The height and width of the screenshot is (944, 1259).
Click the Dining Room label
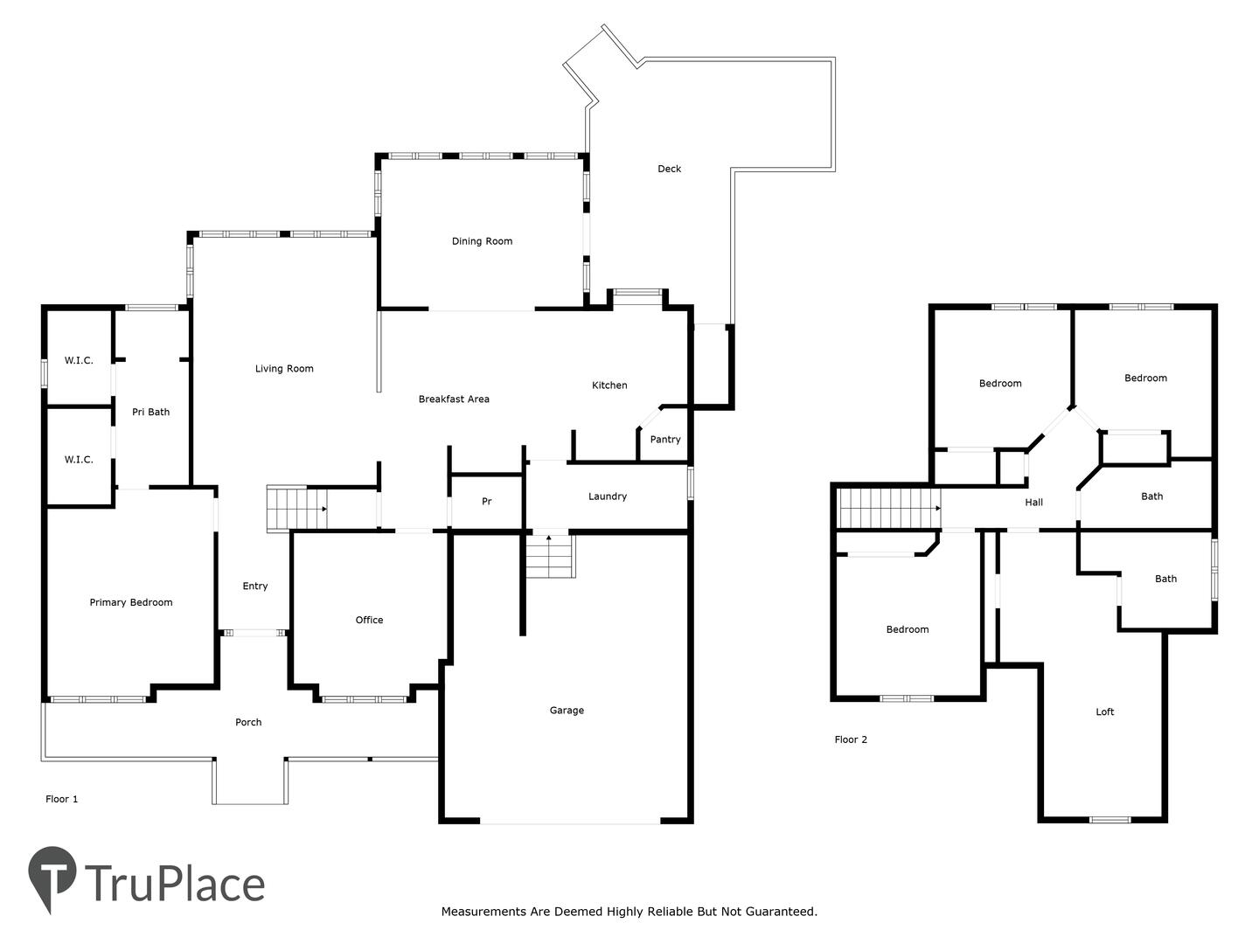point(482,241)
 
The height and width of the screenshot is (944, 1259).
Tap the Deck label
point(669,169)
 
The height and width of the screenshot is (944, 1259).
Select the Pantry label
point(664,440)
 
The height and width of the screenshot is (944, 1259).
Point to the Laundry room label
point(608,496)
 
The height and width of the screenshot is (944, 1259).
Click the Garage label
point(567,710)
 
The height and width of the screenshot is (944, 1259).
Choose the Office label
point(369,620)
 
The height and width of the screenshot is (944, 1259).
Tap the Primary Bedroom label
point(131,602)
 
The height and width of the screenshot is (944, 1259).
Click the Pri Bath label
point(151,412)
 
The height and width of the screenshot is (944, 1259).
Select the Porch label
point(248,722)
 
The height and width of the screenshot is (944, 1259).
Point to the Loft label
point(1105,711)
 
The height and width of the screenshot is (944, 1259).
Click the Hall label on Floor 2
point(1033,502)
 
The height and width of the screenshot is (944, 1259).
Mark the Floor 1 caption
point(61,799)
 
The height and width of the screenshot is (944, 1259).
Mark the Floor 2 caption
point(851,739)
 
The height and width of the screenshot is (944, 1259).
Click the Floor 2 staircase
point(888,509)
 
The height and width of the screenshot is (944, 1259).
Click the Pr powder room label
point(486,502)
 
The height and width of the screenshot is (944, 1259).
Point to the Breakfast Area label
point(454,399)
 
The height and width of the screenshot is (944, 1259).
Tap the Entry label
point(254,586)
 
